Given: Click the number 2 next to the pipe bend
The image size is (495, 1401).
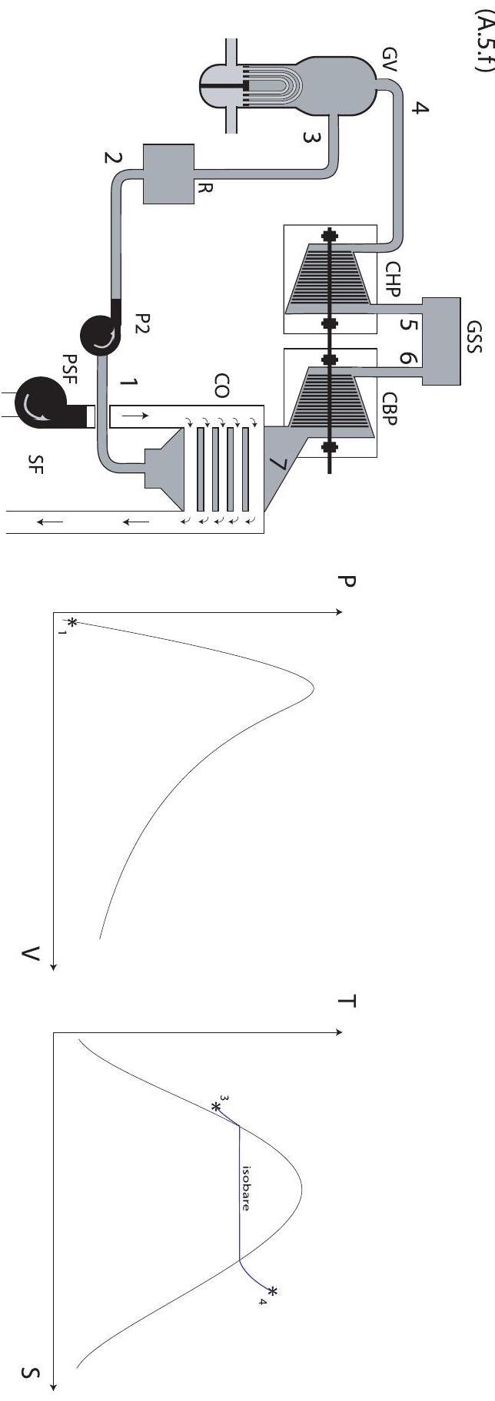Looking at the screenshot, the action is click(113, 158).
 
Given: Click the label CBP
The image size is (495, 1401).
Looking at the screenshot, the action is click(393, 409).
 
